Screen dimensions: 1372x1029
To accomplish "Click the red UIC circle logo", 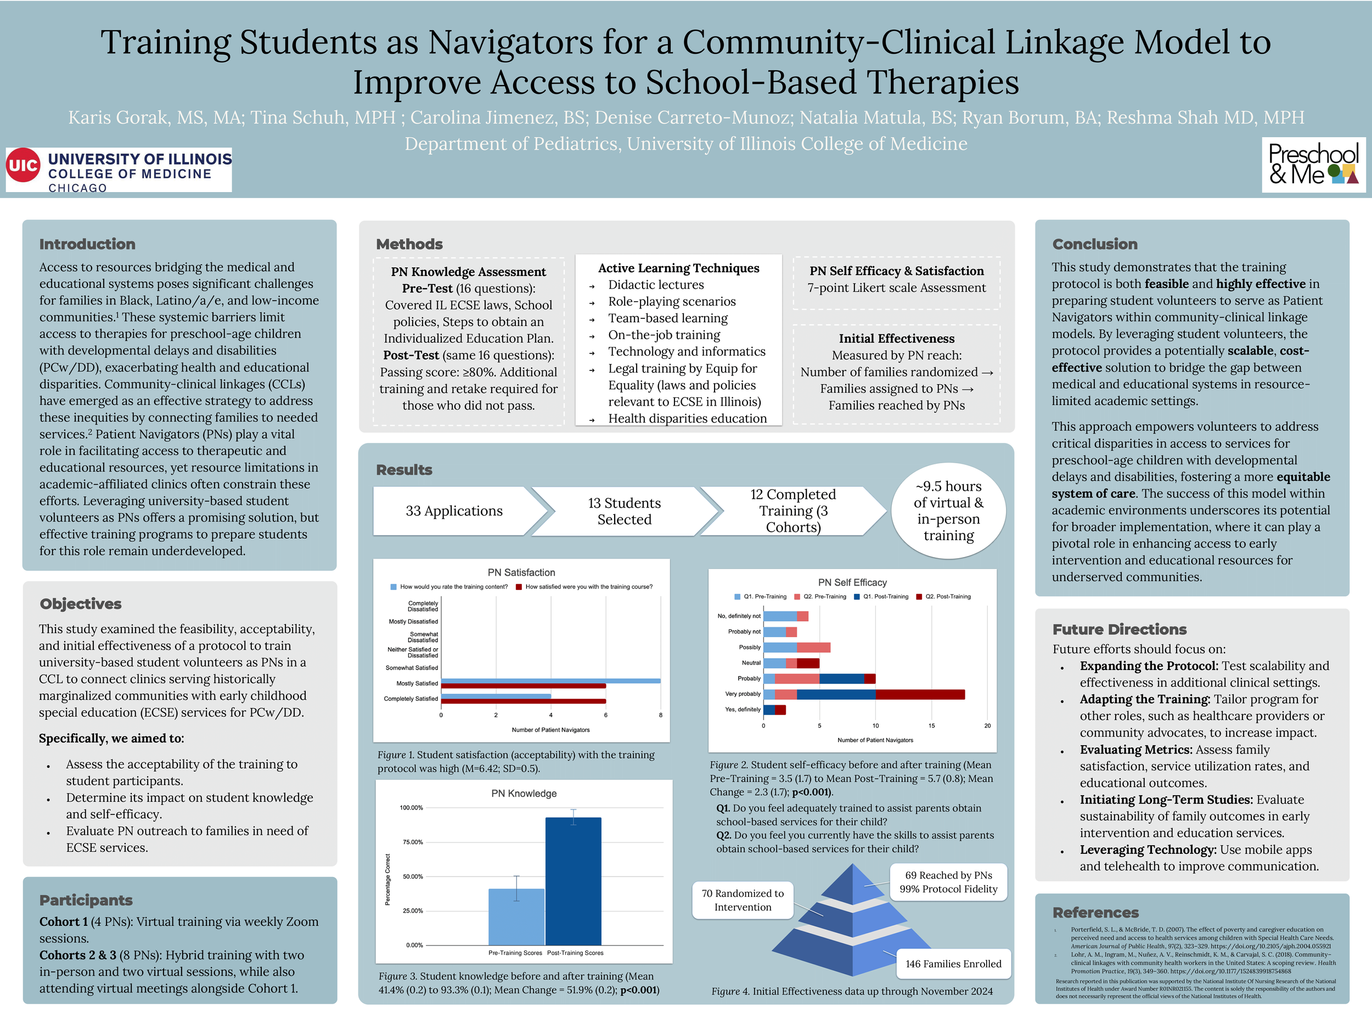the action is coord(23,166).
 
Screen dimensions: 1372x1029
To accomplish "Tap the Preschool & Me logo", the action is coord(1313,165).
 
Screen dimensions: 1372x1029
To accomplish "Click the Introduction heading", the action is coord(87,244).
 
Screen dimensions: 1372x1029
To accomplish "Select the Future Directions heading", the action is coord(1119,629).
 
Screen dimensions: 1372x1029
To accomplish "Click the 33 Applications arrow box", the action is coord(454,511).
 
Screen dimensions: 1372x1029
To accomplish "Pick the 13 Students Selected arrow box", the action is coord(624,511).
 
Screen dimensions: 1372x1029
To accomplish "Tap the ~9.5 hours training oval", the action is coord(948,510).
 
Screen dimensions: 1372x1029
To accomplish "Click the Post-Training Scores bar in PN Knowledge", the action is coord(573,881).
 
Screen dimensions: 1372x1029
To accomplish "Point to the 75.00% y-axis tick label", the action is coord(412,842).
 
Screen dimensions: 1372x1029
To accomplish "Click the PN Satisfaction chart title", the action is coord(521,572).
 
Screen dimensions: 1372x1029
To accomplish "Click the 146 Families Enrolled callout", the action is coord(953,964).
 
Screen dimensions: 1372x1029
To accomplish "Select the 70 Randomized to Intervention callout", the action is coord(743,900).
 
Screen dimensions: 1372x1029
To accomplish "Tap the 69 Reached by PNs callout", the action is coord(948,882).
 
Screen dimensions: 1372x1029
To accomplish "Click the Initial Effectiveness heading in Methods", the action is coord(896,339).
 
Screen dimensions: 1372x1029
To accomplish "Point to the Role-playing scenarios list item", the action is coord(672,301).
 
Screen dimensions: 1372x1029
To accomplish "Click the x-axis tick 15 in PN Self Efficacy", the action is coord(932,726).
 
